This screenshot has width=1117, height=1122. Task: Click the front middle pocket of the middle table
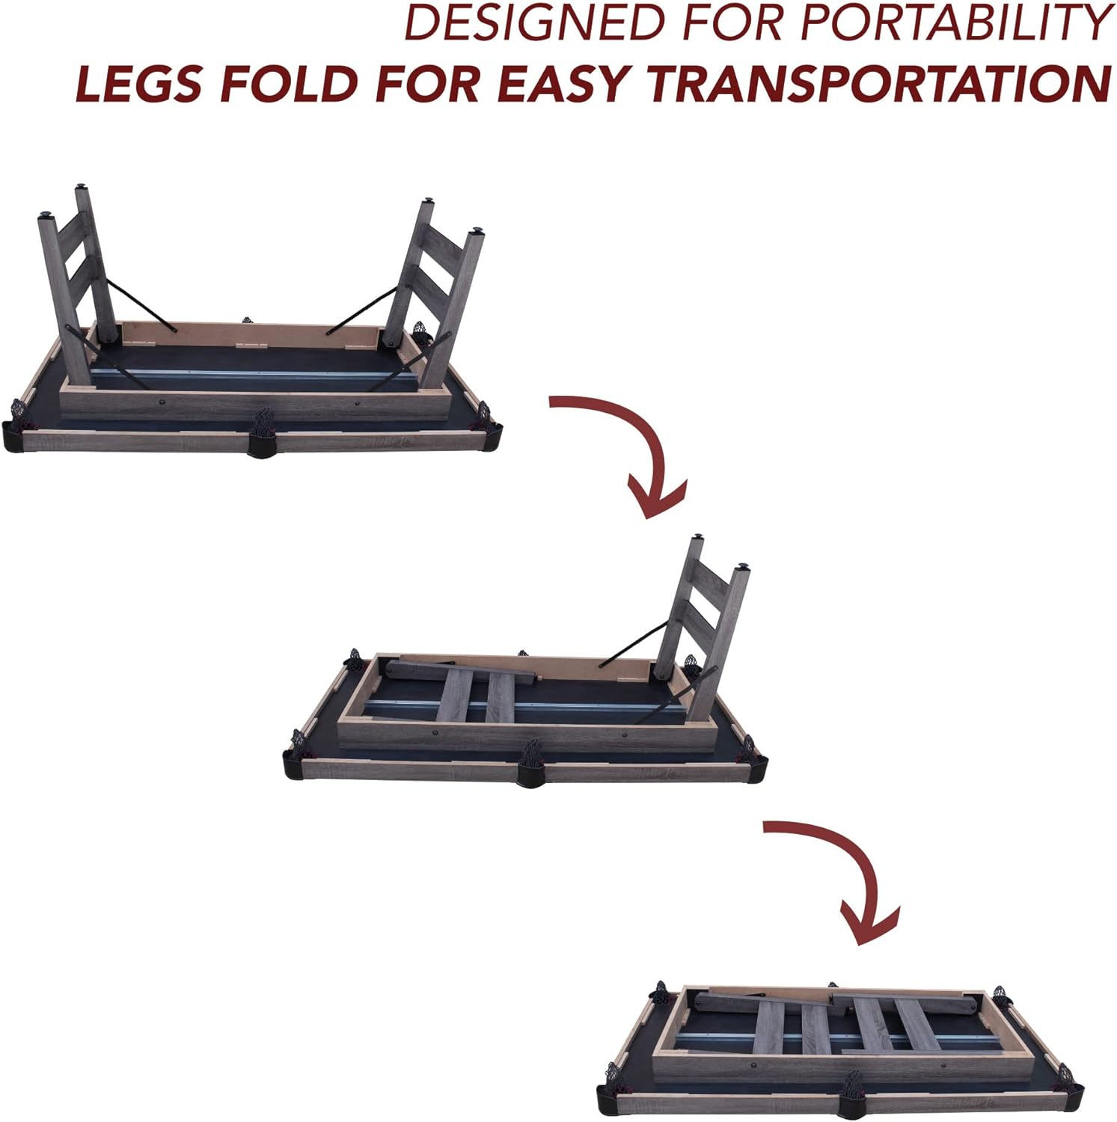pyautogui.click(x=531, y=763)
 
